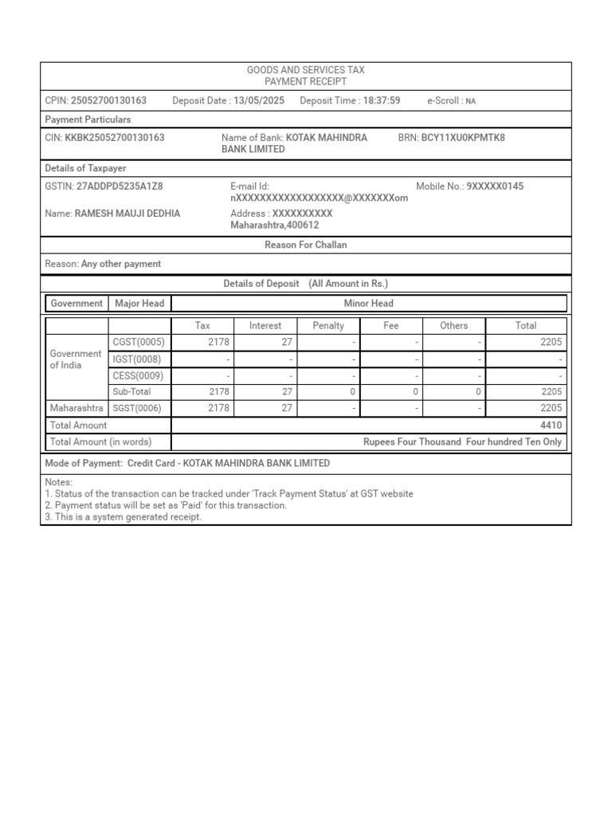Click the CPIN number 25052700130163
click(x=108, y=100)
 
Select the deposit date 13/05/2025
click(x=259, y=100)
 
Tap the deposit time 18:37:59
click(x=382, y=100)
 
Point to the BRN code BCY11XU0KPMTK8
click(x=463, y=138)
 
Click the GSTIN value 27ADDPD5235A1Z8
click(x=120, y=186)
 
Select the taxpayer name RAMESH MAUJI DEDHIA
click(x=127, y=214)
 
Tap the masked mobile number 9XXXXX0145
click(x=496, y=186)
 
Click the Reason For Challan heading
click(x=306, y=245)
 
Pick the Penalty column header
click(x=328, y=326)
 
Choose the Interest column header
click(x=265, y=326)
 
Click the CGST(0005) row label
click(x=139, y=343)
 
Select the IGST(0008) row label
click(x=139, y=359)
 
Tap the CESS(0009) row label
click(x=139, y=375)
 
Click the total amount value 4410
click(x=551, y=426)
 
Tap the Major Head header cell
click(x=139, y=304)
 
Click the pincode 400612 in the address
click(x=303, y=226)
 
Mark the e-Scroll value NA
click(x=471, y=101)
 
